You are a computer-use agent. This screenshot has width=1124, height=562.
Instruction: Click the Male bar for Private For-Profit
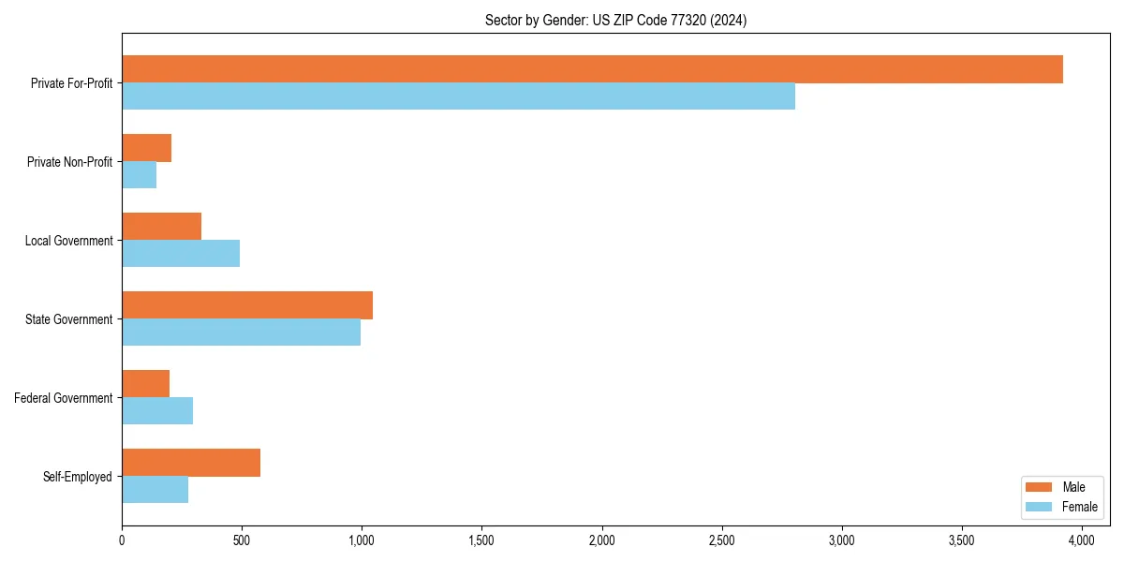click(592, 69)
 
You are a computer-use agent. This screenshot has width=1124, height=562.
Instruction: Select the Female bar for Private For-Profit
click(458, 96)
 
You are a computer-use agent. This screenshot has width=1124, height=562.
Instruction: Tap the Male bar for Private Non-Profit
click(146, 148)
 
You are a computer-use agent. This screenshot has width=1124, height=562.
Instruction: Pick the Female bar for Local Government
click(181, 254)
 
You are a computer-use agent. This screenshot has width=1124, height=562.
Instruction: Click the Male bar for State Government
click(247, 305)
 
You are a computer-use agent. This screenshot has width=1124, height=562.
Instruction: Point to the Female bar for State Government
click(241, 333)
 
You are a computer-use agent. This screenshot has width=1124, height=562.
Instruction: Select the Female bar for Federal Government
click(157, 411)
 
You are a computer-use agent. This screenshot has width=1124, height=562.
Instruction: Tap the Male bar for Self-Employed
click(191, 463)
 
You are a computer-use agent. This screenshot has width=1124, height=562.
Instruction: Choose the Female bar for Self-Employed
click(155, 490)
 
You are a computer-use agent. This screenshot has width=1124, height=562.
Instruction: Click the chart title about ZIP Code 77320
click(615, 20)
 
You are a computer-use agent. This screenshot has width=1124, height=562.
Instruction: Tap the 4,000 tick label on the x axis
click(1082, 540)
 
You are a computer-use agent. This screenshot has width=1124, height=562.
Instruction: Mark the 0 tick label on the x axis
click(122, 540)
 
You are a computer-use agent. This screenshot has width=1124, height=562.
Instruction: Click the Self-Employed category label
click(78, 477)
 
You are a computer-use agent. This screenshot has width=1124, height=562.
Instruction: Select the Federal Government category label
click(64, 398)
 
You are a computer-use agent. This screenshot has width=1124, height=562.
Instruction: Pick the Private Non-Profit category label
click(69, 162)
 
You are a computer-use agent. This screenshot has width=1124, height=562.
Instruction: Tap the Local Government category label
click(68, 241)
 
